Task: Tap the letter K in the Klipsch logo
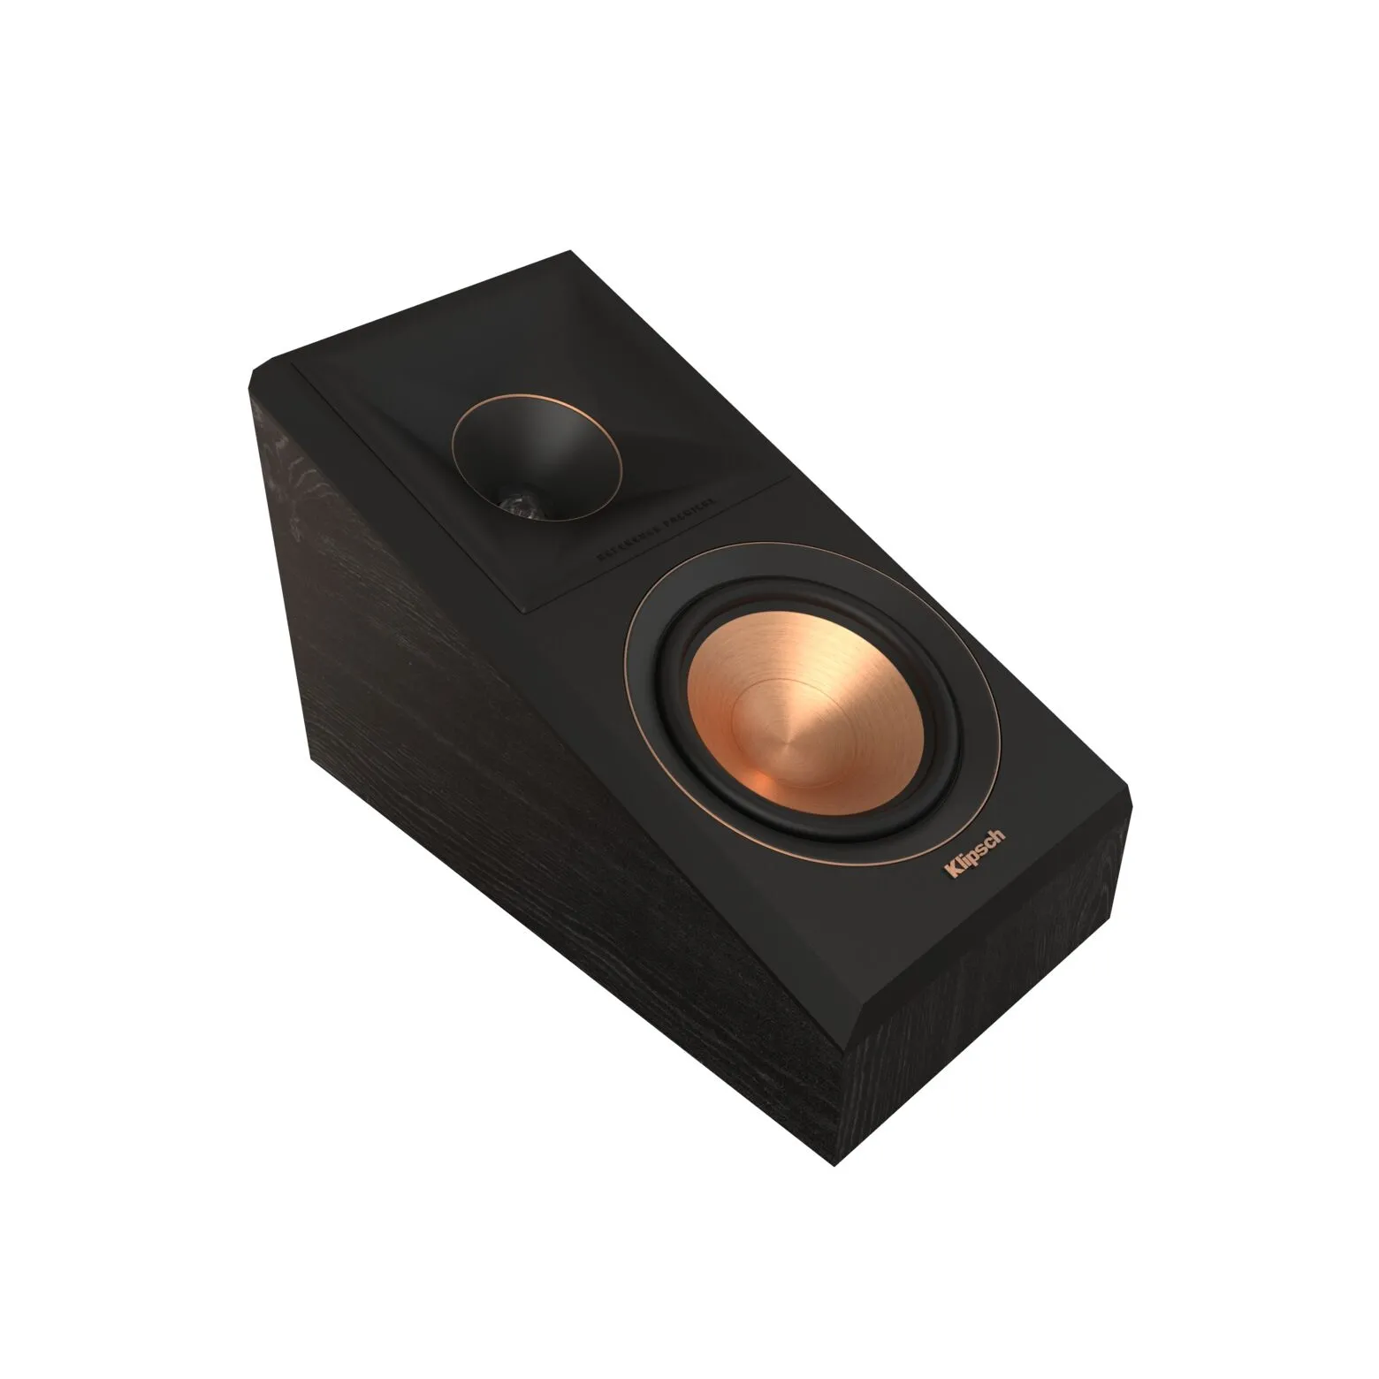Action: click(x=951, y=875)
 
